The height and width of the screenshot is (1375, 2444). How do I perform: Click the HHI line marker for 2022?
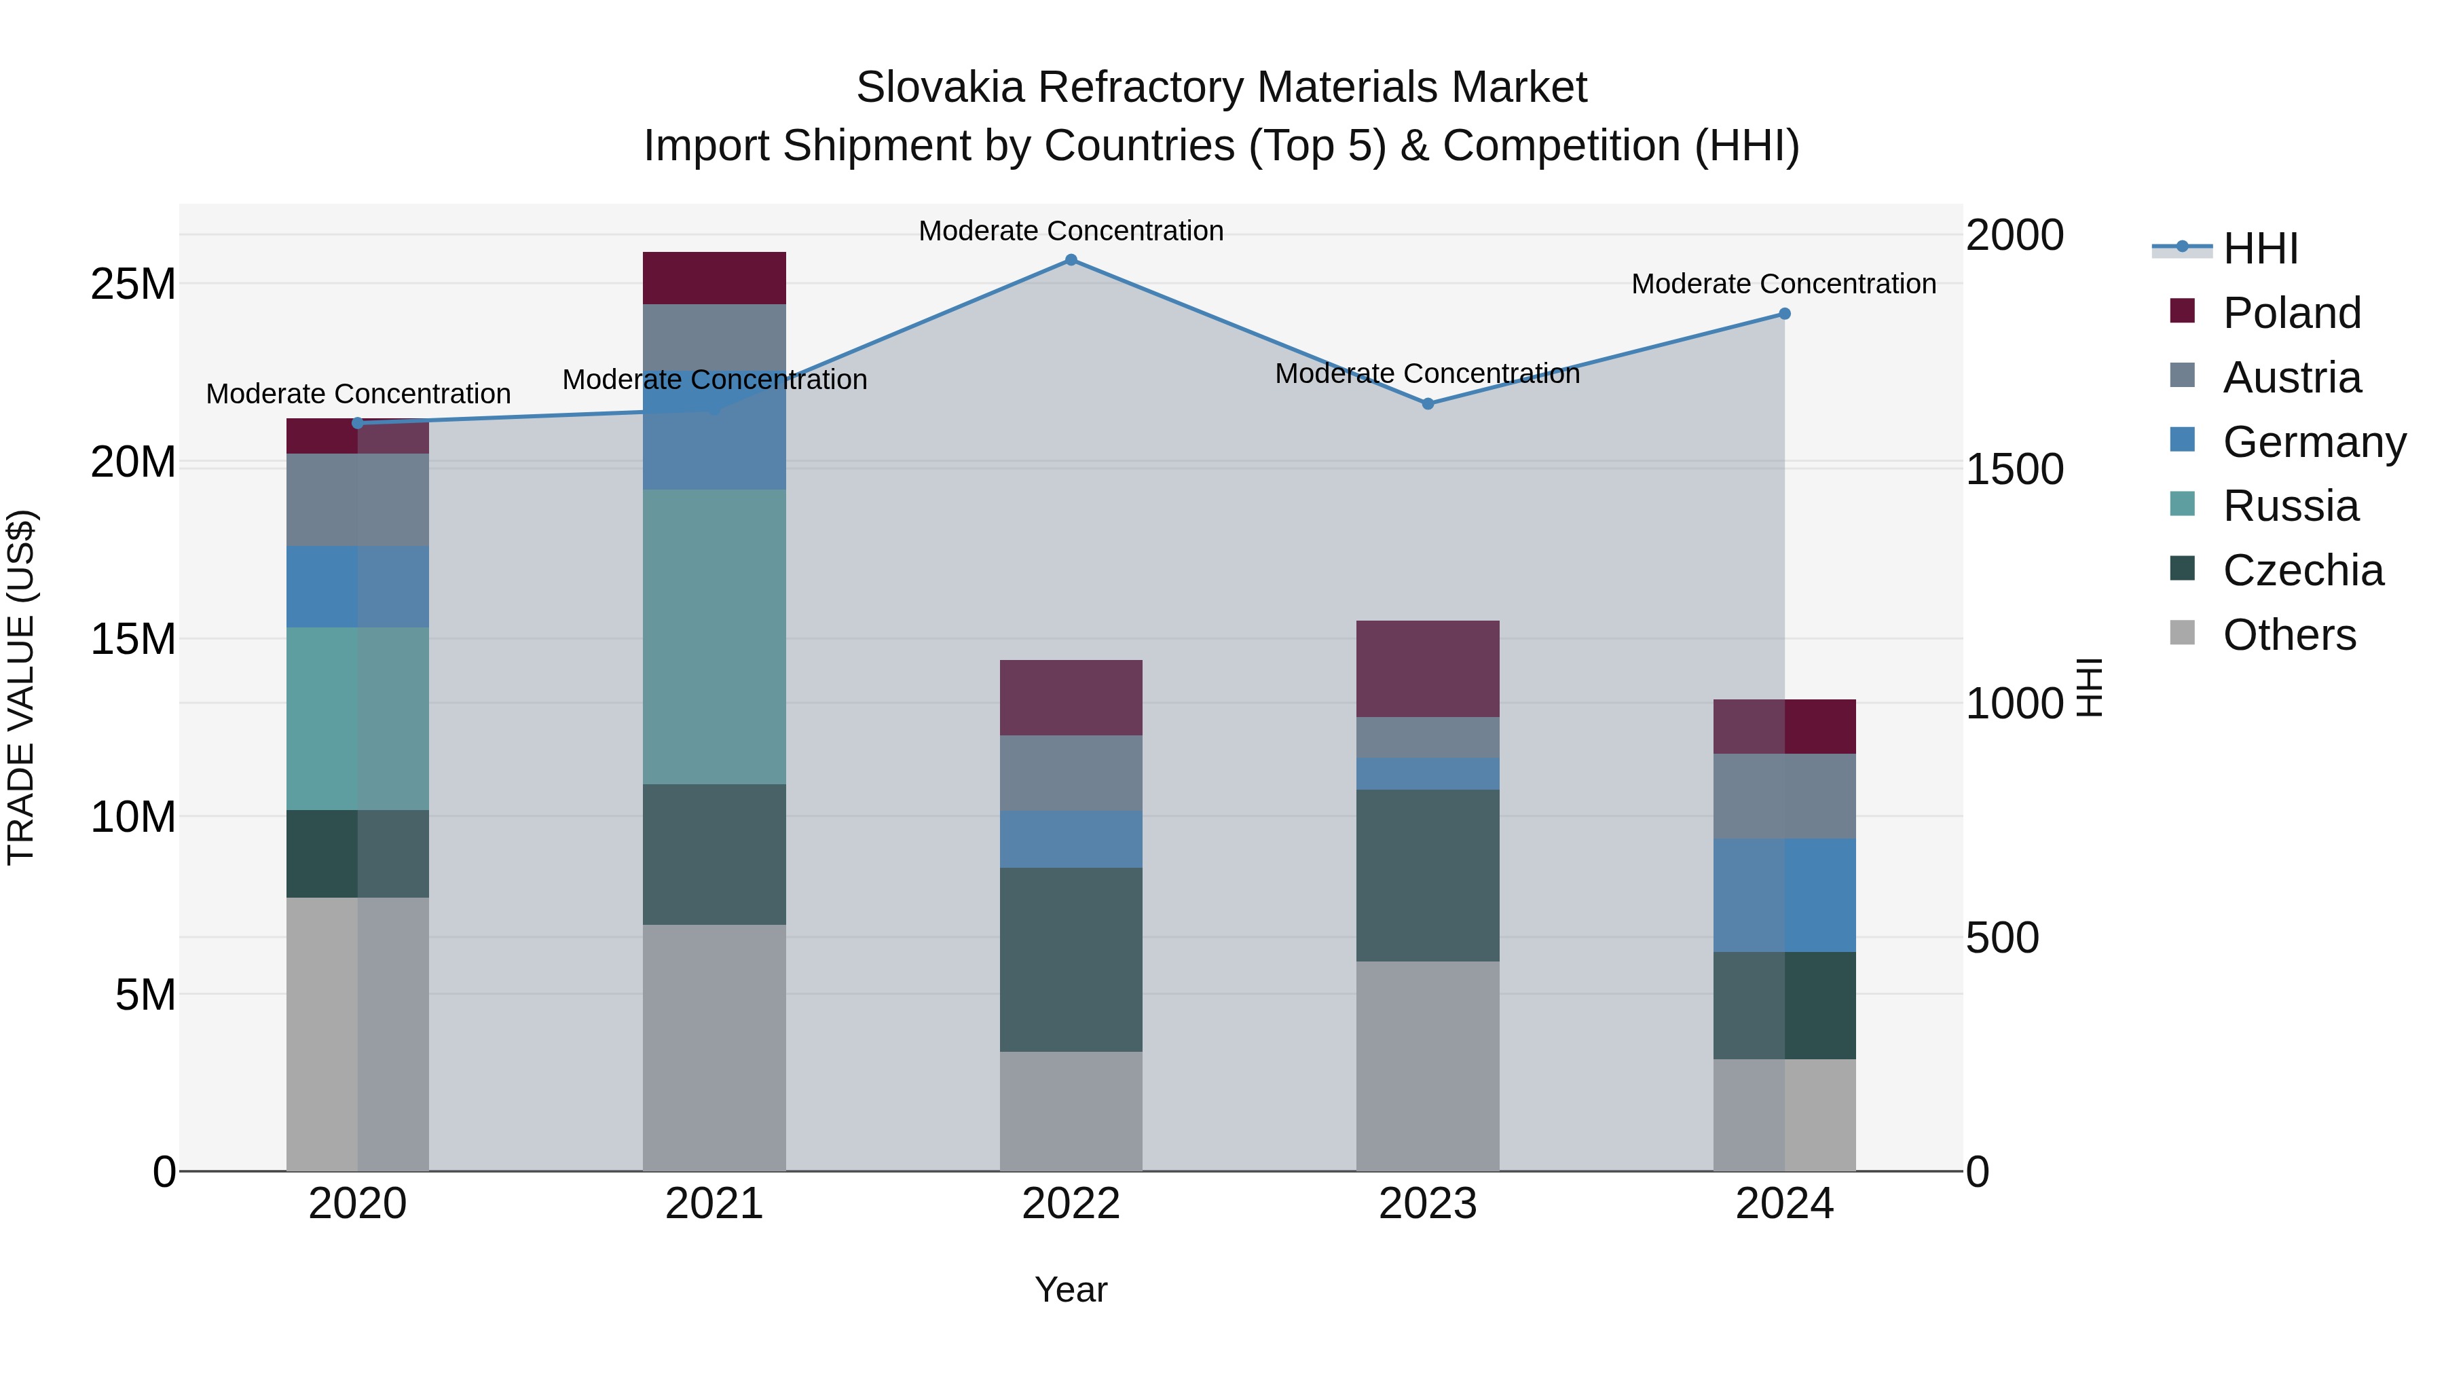pyautogui.click(x=1071, y=260)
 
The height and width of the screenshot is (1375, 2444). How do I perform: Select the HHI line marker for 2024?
pyautogui.click(x=1785, y=314)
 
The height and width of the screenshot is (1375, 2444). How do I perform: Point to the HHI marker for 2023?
pyautogui.click(x=1428, y=404)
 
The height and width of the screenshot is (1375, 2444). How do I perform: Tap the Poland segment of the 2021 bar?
pyautogui.click(x=714, y=278)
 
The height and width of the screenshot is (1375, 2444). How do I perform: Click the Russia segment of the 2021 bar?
pyautogui.click(x=714, y=637)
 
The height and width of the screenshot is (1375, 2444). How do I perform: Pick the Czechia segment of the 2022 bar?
pyautogui.click(x=1071, y=959)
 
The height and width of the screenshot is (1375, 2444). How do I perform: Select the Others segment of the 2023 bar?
pyautogui.click(x=1428, y=1067)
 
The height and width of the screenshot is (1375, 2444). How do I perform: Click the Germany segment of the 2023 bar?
pyautogui.click(x=1428, y=774)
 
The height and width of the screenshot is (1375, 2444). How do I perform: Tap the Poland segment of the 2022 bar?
pyautogui.click(x=1071, y=697)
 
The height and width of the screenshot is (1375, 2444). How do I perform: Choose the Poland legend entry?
pyautogui.click(x=2291, y=313)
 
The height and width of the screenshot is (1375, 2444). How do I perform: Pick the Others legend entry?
pyautogui.click(x=2289, y=635)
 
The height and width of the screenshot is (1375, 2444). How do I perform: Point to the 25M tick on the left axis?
pyautogui.click(x=133, y=284)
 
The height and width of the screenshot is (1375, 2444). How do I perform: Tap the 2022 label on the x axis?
pyautogui.click(x=1071, y=1204)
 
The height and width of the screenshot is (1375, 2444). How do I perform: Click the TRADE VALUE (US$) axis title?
pyautogui.click(x=21, y=687)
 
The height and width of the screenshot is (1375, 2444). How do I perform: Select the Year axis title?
pyautogui.click(x=1071, y=1289)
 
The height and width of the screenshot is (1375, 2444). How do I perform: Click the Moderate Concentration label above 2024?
pyautogui.click(x=1783, y=284)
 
